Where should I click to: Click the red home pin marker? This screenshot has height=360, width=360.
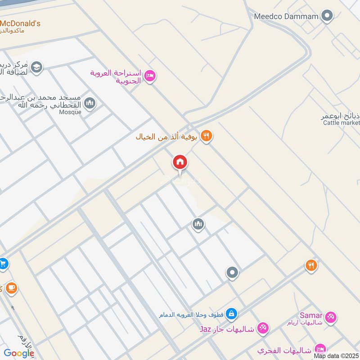coord(180,162)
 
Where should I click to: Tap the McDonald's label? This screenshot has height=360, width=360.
coord(21,23)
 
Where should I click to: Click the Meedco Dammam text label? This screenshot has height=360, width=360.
coord(286,17)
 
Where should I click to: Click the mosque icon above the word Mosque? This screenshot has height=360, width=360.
coord(90,103)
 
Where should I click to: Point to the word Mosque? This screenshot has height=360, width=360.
coord(70,112)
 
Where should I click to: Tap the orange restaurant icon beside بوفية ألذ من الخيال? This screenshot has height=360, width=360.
coord(206,135)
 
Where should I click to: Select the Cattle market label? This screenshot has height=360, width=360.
coord(342,123)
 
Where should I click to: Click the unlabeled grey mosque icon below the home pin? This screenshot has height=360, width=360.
coord(198,224)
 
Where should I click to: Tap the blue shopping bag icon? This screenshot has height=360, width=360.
coord(232,313)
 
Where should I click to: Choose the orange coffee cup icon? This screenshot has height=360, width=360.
coord(11,288)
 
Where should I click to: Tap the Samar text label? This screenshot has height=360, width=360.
coord(310,315)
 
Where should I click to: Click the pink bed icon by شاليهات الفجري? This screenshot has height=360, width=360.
coord(320,348)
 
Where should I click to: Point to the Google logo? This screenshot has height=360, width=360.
coord(18,353)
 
